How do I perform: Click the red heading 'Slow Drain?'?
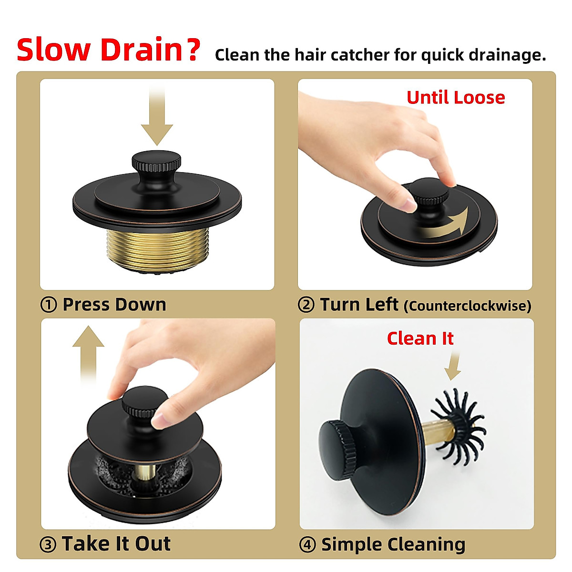click(x=108, y=50)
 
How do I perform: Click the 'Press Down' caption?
click(x=114, y=305)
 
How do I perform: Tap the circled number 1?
click(x=49, y=305)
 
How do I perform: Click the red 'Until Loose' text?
click(x=455, y=98)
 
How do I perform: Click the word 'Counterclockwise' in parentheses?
click(x=467, y=306)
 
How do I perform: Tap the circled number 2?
click(x=306, y=305)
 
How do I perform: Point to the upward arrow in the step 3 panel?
click(x=88, y=353)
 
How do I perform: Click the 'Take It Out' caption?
click(x=116, y=544)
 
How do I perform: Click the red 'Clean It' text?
click(x=420, y=338)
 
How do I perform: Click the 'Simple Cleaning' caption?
click(x=393, y=544)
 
